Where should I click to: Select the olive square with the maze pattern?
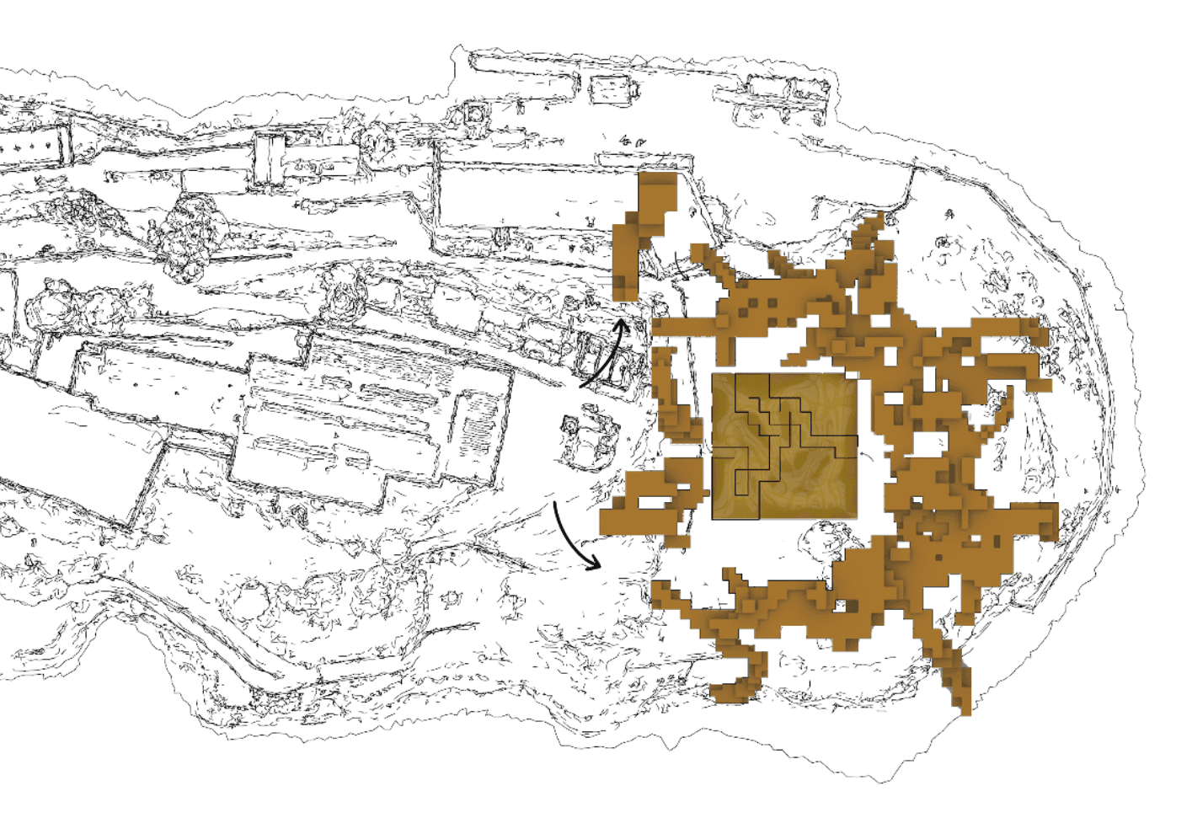pos(784,446)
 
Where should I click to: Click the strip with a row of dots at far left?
pos(37,143)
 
